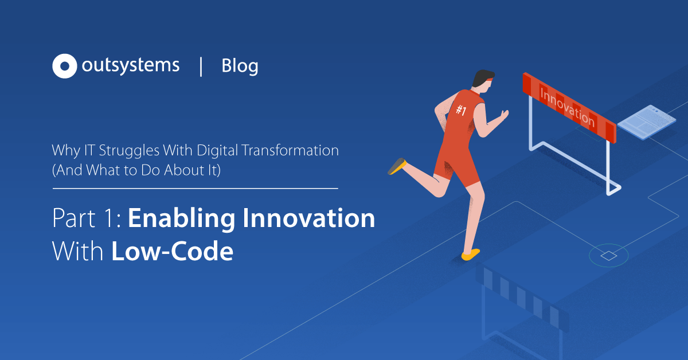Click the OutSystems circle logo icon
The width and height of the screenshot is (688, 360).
tap(64, 66)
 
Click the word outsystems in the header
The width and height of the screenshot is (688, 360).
tap(130, 65)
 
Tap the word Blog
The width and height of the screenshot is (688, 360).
tap(240, 66)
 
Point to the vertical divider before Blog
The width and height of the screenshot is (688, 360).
tap(201, 66)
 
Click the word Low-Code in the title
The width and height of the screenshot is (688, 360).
tap(172, 252)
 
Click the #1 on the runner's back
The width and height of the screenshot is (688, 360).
tap(460, 110)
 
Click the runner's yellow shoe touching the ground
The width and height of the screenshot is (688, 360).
tap(471, 254)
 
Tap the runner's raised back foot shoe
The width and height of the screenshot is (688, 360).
tap(397, 166)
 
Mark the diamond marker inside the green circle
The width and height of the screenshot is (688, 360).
tap(608, 255)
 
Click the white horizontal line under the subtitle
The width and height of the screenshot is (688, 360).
tap(195, 187)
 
